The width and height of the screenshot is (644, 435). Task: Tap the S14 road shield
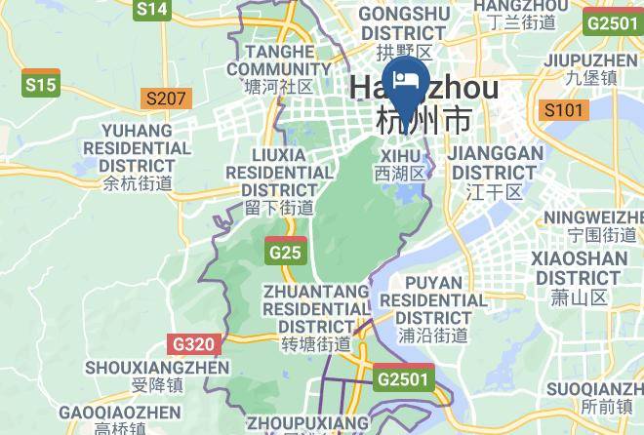(152, 10)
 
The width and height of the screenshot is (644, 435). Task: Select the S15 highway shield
(41, 86)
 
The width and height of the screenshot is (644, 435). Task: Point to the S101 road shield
(564, 109)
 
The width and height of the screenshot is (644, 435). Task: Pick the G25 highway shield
(285, 253)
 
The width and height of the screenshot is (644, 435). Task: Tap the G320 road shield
(193, 344)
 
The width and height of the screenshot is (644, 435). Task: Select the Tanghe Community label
(279, 68)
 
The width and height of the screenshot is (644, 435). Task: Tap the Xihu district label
(401, 163)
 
